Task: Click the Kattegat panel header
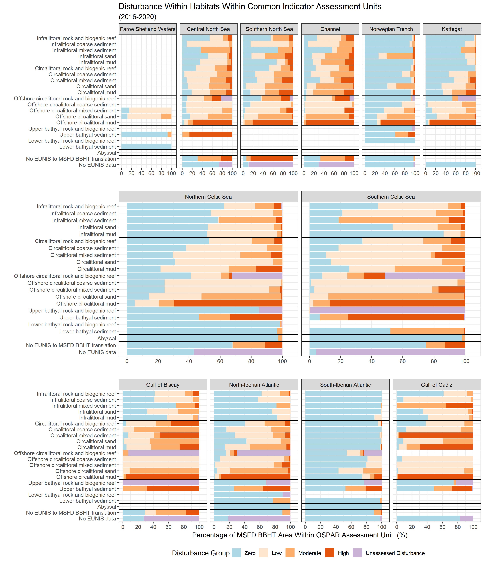coord(452,29)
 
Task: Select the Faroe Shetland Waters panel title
coord(147,29)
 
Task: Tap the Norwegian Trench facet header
coord(391,29)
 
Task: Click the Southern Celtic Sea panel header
coord(391,197)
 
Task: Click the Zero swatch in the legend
coord(236,553)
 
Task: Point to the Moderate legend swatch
coord(290,553)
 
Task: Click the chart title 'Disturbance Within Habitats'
coord(250,7)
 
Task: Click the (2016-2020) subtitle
coord(137,17)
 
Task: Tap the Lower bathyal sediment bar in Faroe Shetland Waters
coord(146,147)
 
